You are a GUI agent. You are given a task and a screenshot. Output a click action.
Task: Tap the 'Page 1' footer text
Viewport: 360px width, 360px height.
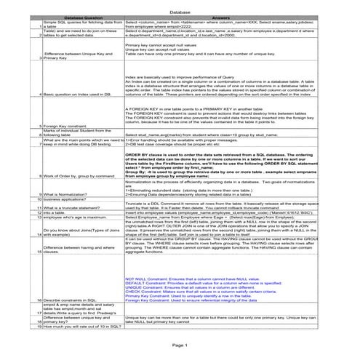[180, 343]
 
